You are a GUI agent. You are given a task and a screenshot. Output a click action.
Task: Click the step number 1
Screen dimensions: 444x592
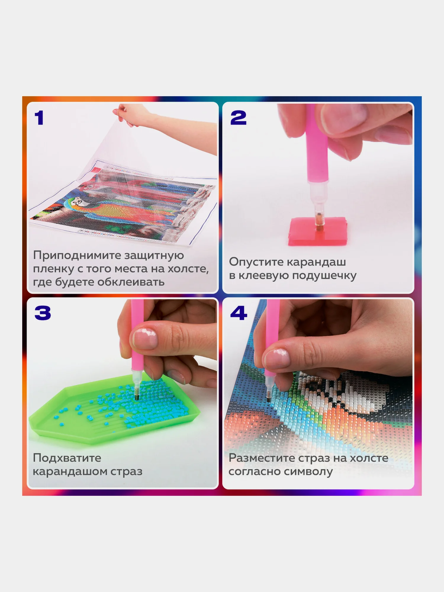pyautogui.click(x=39, y=118)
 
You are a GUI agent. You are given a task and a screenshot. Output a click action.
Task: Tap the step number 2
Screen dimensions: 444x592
pyautogui.click(x=238, y=118)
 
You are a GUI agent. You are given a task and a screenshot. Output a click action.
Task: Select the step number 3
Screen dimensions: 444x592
pyautogui.click(x=43, y=313)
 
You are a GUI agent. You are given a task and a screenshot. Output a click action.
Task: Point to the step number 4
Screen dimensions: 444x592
pyautogui.click(x=239, y=313)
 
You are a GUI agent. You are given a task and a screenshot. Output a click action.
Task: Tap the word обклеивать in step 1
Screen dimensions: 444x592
pyautogui.click(x=131, y=282)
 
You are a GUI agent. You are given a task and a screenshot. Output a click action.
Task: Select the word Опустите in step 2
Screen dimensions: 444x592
pyautogui.click(x=256, y=262)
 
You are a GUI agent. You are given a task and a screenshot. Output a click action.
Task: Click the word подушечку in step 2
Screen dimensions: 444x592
pyautogui.click(x=324, y=276)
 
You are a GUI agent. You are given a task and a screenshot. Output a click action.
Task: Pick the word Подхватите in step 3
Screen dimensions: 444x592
pyautogui.click(x=67, y=458)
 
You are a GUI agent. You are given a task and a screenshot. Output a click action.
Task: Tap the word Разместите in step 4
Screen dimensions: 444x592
pyautogui.click(x=262, y=458)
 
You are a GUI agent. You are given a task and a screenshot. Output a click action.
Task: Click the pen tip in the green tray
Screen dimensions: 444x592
pyautogui.click(x=137, y=397)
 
